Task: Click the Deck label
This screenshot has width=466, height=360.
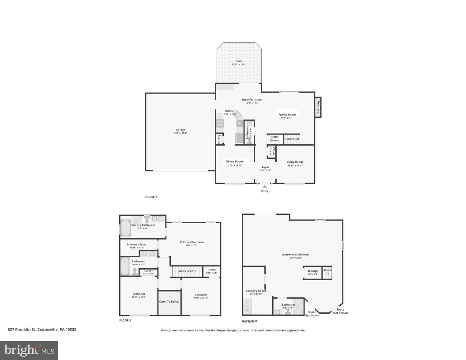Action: tap(238, 61)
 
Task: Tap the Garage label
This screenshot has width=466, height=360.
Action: tap(180, 130)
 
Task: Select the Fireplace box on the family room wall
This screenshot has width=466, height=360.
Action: tap(318, 107)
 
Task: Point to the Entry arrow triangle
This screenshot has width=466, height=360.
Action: tap(265, 187)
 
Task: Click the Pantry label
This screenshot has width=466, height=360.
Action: tap(219, 139)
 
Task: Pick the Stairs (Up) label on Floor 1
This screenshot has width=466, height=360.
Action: tap(292, 139)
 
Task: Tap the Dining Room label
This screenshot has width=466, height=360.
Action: tap(235, 161)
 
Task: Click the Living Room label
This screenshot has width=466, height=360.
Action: tap(295, 162)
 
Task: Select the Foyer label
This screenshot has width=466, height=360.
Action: tap(265, 167)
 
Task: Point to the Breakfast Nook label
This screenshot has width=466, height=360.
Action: tap(252, 100)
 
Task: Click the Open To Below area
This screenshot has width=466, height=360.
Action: tap(169, 302)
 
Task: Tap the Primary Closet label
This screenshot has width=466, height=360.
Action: tap(136, 244)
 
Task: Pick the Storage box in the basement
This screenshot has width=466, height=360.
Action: tap(313, 272)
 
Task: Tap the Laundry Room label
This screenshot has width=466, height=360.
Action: tap(256, 291)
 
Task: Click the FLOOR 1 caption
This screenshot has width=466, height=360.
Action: tap(151, 197)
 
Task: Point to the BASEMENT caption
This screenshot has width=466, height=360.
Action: tap(250, 321)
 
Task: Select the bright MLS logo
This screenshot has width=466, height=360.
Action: tap(29, 351)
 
